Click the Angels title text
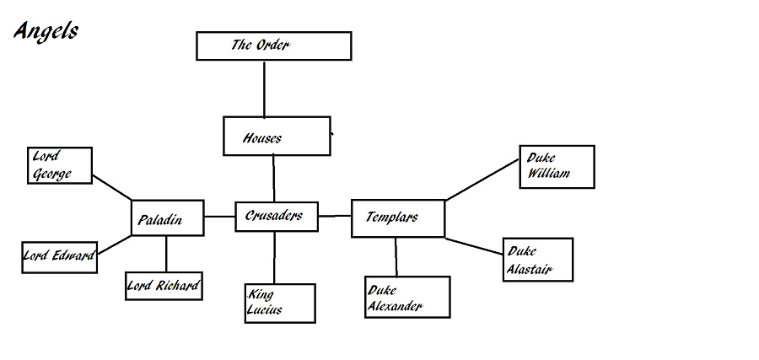tap(46, 31)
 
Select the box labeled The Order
tap(273, 46)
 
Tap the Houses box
tap(276, 137)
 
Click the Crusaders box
tap(275, 217)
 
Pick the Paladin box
tap(168, 218)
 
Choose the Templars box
tap(397, 218)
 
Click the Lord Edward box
tap(59, 256)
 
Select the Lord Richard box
tap(164, 286)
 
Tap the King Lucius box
tap(280, 303)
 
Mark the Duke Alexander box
tap(407, 297)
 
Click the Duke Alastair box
tap(538, 260)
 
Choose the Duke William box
tap(557, 166)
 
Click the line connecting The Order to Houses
tap(265, 89)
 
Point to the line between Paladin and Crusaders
tap(219, 217)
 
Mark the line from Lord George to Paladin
tap(111, 188)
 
